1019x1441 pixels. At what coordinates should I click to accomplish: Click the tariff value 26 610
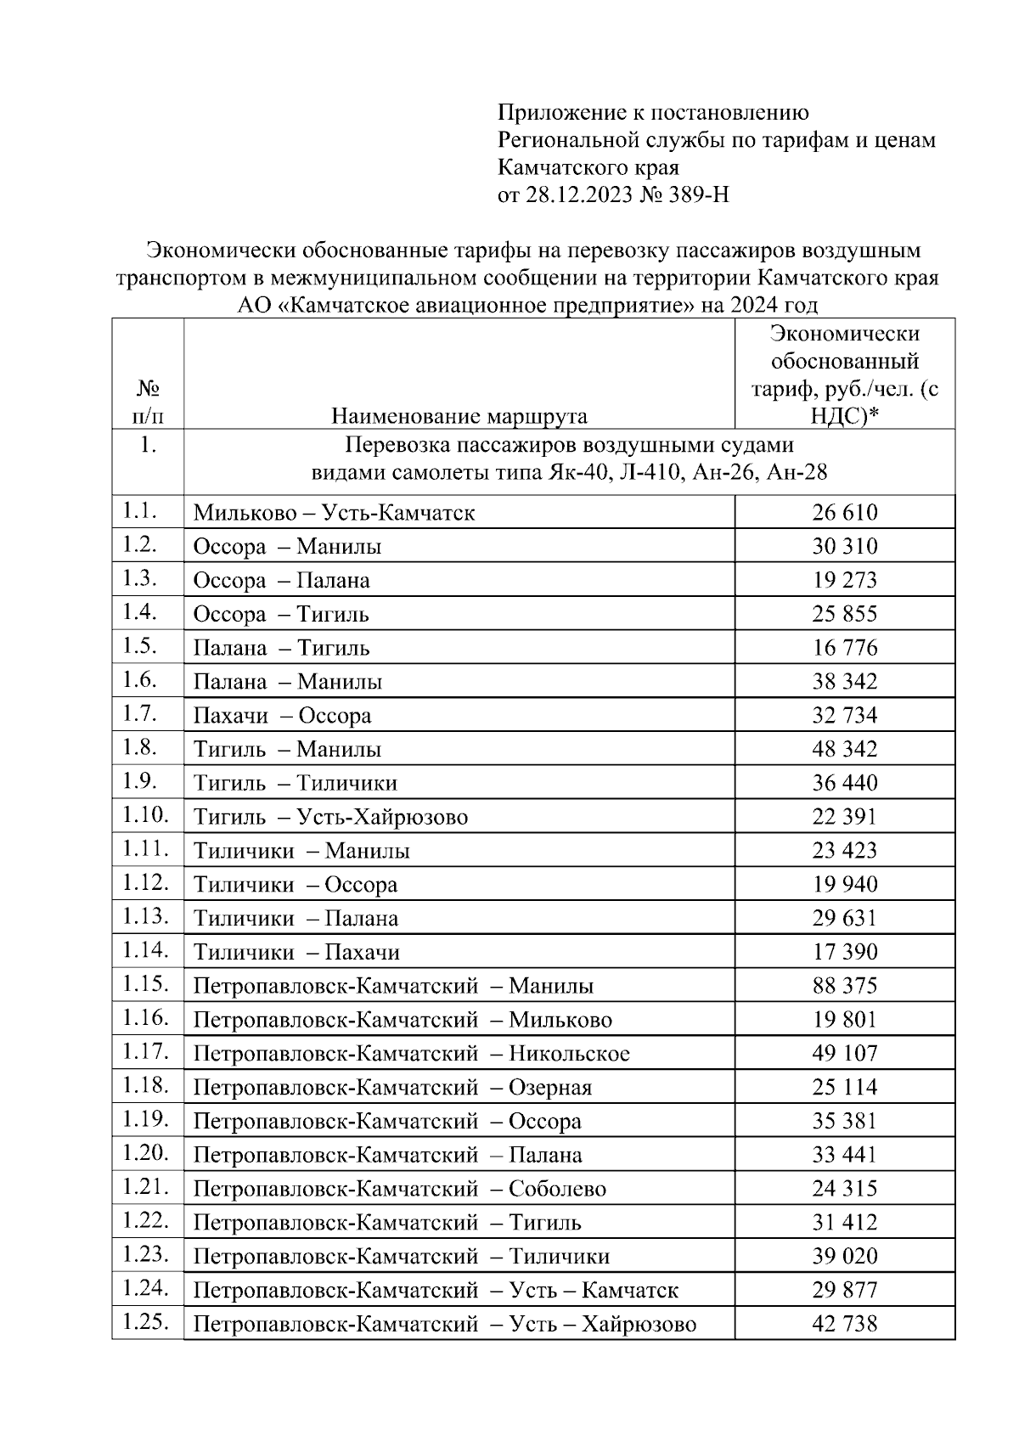[844, 513]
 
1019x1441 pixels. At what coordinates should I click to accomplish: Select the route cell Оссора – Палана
[281, 581]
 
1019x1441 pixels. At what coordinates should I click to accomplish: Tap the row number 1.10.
[146, 815]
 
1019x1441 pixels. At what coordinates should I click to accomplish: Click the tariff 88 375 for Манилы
[844, 986]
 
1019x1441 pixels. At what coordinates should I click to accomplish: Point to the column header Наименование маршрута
[459, 416]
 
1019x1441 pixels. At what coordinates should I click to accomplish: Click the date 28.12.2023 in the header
[579, 196]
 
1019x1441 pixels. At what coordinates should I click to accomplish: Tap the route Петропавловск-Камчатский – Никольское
[411, 1054]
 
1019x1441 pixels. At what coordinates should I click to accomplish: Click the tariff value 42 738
[844, 1324]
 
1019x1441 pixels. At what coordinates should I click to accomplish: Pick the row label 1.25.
[146, 1322]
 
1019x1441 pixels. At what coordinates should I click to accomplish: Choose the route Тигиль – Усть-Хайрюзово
[330, 818]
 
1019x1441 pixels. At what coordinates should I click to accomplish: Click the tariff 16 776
[844, 648]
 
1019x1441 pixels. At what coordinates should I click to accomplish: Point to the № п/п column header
[148, 402]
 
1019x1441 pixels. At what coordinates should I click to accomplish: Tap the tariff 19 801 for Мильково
[844, 1020]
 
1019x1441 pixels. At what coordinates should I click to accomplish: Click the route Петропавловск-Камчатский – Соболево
[399, 1189]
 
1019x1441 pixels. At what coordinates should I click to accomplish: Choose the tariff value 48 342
[844, 749]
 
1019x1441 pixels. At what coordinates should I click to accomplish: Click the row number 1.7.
[141, 713]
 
